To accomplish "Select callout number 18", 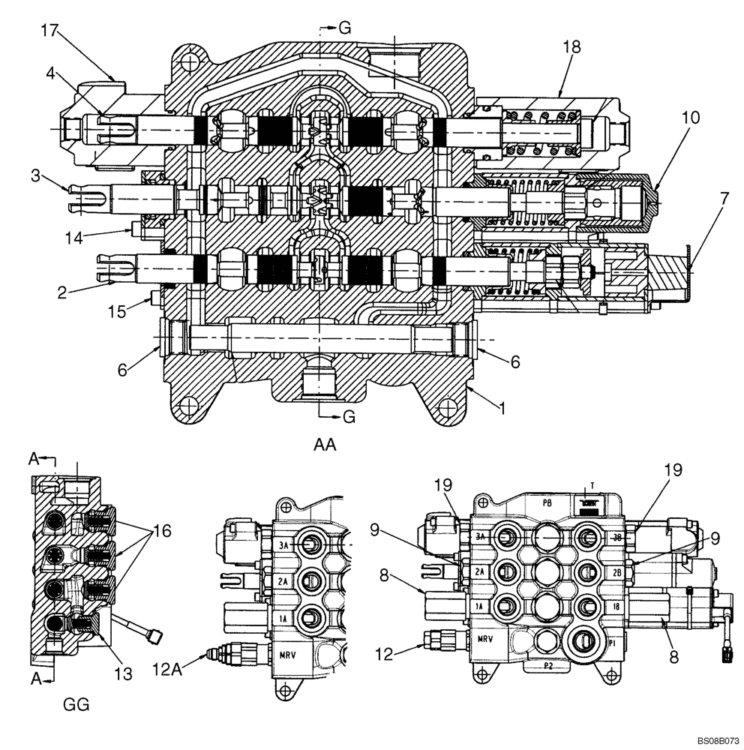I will click(571, 46).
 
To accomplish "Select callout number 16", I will click(163, 532).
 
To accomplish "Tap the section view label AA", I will click(325, 445).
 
